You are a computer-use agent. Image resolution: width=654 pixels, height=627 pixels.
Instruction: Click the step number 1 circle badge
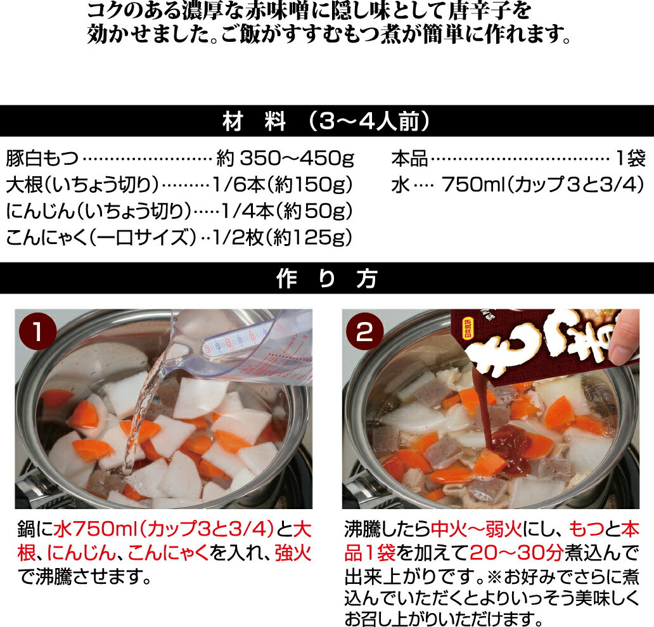[x=38, y=332]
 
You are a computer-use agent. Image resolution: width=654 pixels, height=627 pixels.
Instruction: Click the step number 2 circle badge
[x=364, y=332]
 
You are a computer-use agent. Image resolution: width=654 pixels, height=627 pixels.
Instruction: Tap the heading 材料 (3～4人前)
[x=326, y=121]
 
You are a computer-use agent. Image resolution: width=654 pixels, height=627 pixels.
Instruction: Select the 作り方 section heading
[x=326, y=279]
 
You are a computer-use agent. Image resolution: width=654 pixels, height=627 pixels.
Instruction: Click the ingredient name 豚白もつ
[x=42, y=158]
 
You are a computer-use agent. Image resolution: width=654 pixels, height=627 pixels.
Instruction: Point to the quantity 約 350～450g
[x=285, y=158]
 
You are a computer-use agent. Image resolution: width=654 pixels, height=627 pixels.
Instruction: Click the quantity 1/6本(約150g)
[x=283, y=185]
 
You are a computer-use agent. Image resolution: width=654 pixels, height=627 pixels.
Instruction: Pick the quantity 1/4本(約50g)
[x=286, y=211]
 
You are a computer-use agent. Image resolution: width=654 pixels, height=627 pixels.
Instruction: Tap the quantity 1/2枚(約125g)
[x=283, y=237]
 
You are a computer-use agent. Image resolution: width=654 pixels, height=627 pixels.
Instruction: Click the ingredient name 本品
[x=409, y=158]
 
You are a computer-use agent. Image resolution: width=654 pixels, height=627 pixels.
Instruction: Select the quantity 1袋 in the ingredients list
[x=631, y=158]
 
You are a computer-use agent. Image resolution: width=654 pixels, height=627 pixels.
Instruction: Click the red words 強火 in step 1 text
[x=293, y=553]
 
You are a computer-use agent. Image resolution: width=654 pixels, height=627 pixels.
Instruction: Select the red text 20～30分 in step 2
[x=516, y=553]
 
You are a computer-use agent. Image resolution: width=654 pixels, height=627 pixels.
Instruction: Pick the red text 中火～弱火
[x=476, y=530]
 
